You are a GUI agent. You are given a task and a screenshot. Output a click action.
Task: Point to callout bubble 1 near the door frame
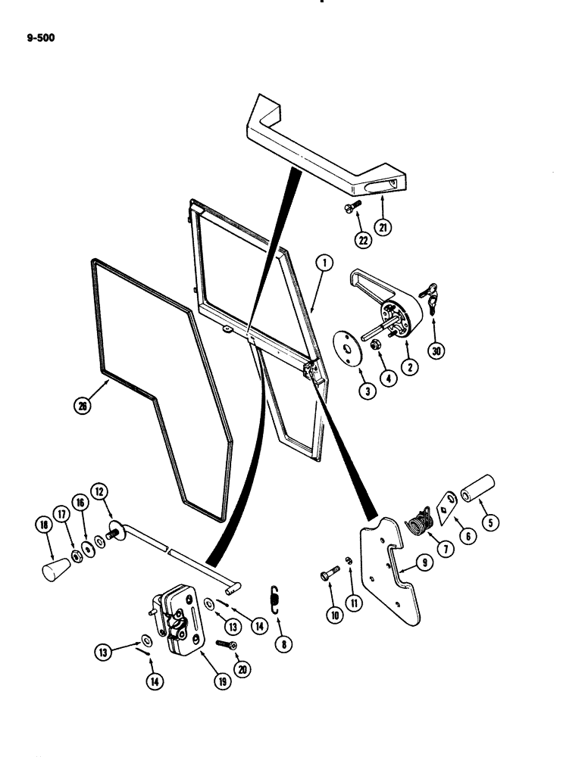coord(323,263)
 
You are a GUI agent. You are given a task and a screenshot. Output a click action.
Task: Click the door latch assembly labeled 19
coord(175,621)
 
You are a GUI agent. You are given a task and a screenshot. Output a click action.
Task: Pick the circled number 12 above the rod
coord(99,491)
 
